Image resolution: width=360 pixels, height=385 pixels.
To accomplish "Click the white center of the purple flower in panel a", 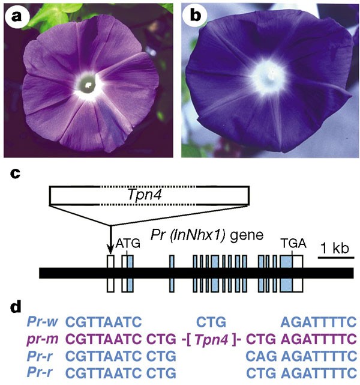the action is (88, 84).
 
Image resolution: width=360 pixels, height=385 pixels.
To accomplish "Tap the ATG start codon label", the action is (128, 244).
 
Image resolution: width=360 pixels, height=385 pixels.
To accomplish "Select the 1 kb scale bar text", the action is (335, 247).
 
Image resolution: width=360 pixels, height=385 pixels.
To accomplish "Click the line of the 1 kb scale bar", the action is (335, 258).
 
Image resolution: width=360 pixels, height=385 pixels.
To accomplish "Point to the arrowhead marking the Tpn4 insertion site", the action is (110, 250).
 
